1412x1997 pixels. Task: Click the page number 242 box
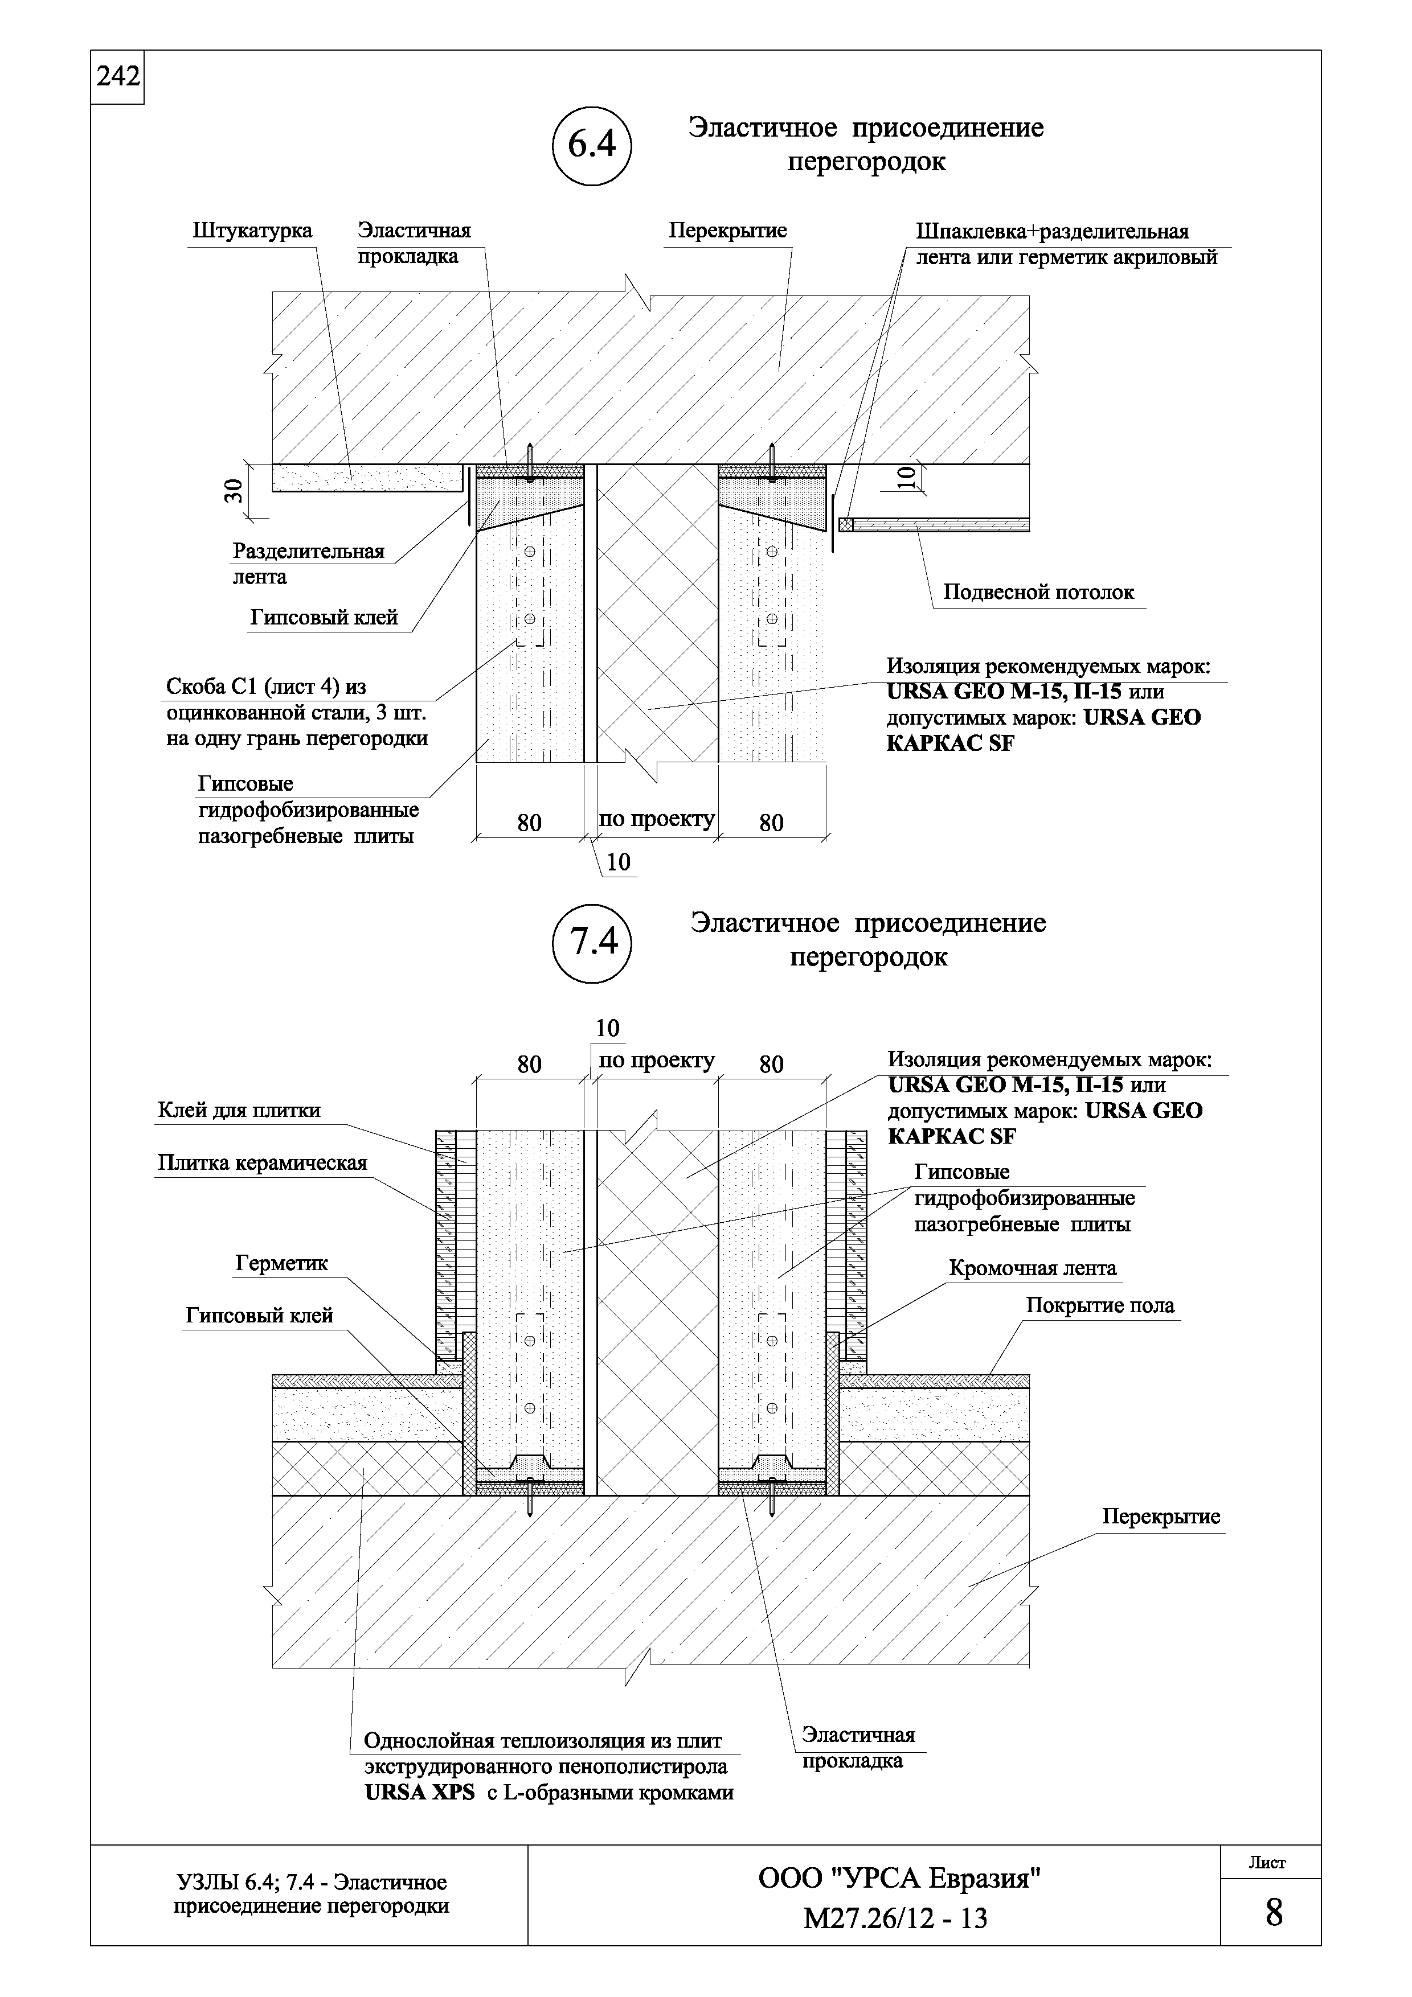(117, 77)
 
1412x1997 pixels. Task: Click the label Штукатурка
(252, 231)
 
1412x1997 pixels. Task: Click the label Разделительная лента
(308, 564)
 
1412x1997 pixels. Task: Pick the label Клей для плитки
(239, 1111)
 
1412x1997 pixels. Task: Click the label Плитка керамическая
(263, 1164)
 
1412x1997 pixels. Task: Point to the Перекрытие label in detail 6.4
(727, 231)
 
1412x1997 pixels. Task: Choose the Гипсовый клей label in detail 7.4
(259, 1317)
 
